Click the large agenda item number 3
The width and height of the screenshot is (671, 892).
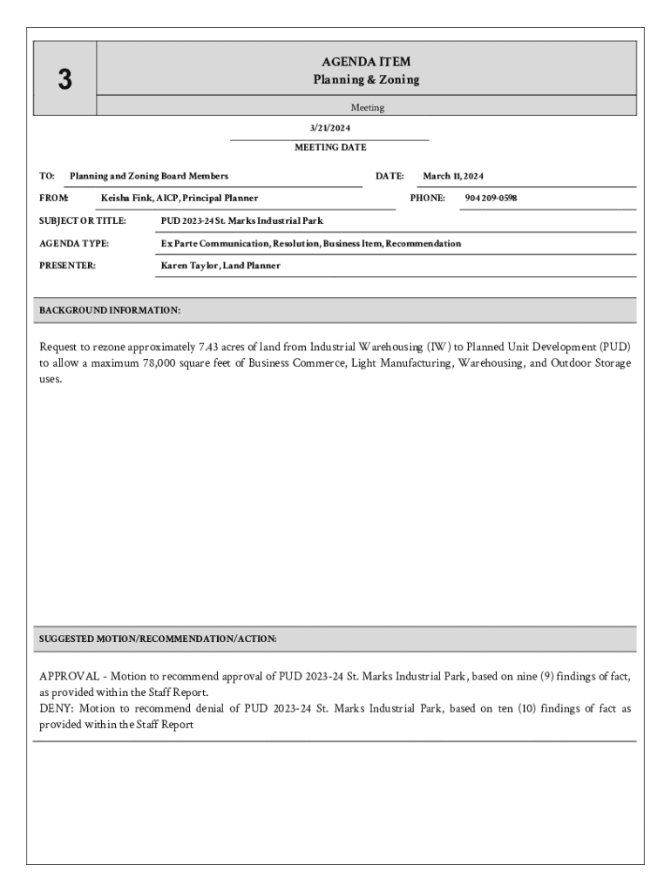pyautogui.click(x=64, y=80)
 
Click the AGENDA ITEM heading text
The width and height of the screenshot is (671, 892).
pyautogui.click(x=366, y=62)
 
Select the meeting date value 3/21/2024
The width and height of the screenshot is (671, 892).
pyautogui.click(x=329, y=128)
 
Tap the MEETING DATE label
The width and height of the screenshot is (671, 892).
pyautogui.click(x=330, y=147)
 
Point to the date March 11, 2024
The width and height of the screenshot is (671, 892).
pyautogui.click(x=452, y=176)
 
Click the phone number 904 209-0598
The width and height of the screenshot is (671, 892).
pyautogui.click(x=491, y=198)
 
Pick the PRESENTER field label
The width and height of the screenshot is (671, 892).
pyautogui.click(x=68, y=266)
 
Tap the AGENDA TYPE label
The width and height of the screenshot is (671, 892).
pyautogui.click(x=74, y=243)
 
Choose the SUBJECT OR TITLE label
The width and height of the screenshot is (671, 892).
pyautogui.click(x=83, y=220)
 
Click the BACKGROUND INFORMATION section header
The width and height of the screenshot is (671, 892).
pyautogui.click(x=110, y=310)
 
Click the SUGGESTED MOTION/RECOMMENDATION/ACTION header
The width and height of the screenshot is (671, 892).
pyautogui.click(x=158, y=639)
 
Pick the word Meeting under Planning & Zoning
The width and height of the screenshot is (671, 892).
pyautogui.click(x=367, y=108)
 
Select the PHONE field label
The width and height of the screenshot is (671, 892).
pyautogui.click(x=427, y=198)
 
